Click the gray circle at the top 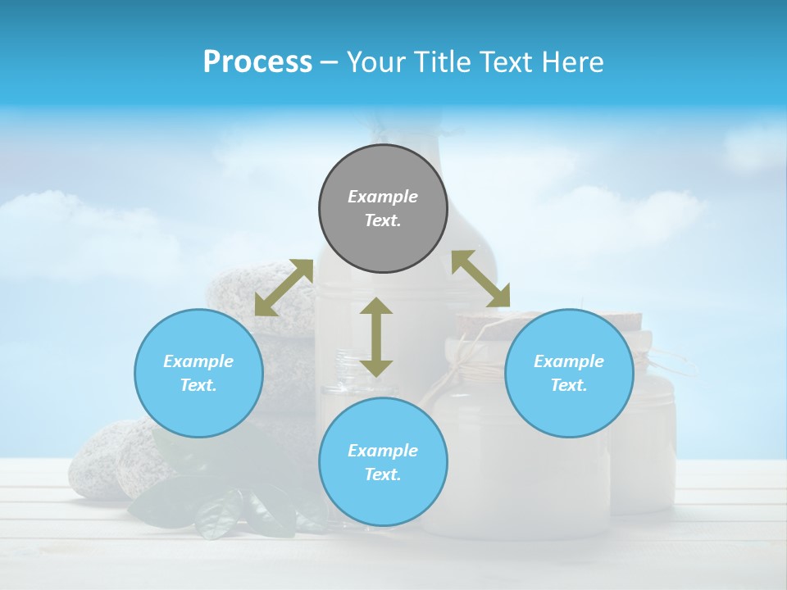pos(383,209)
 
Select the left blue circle pos(198,373)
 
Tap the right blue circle pos(569,373)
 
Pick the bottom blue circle pos(383,462)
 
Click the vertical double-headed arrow pos(376,337)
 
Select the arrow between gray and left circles pos(284,288)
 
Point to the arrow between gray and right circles pos(481,279)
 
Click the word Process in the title pos(257,61)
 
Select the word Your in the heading pos(375,61)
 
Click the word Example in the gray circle pos(383,197)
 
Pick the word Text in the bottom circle pos(383,474)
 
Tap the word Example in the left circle pos(198,361)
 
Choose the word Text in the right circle pos(569,385)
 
